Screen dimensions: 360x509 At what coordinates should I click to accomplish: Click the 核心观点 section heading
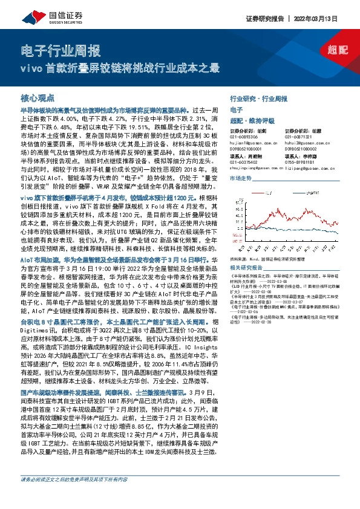38,97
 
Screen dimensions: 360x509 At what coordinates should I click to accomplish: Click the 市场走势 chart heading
241,180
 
